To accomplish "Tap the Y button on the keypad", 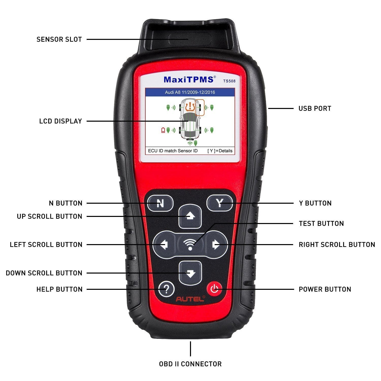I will pos(219,203).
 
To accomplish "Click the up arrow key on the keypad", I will pos(190,216).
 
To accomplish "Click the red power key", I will pos(215,289).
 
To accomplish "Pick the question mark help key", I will pos(166,289).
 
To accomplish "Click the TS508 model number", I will pos(229,81).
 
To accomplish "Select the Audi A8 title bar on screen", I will pos(190,92).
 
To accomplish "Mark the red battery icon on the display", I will pos(163,130).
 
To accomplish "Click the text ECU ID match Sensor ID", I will pos(173,151).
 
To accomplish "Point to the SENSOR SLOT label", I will pos(59,39).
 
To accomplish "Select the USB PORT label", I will pos(315,108).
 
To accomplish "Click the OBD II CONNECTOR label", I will pos(190,364).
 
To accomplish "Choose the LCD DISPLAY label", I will pos(60,121).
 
